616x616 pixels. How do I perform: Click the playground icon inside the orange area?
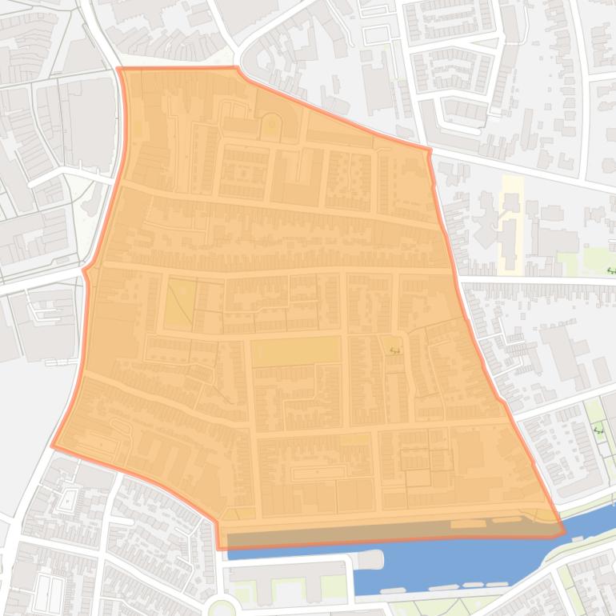click(x=394, y=349)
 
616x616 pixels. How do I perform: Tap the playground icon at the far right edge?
click(x=611, y=270)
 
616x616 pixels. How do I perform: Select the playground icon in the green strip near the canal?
click(x=598, y=430)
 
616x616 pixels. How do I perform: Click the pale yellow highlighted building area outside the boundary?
click(x=511, y=224)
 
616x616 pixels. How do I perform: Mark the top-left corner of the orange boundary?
click(x=118, y=69)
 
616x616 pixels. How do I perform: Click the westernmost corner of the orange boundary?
click(x=53, y=446)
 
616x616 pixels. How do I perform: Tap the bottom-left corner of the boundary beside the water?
click(x=219, y=548)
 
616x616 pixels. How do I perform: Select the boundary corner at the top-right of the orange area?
click(x=430, y=150)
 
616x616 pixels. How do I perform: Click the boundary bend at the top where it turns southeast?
click(x=237, y=69)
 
